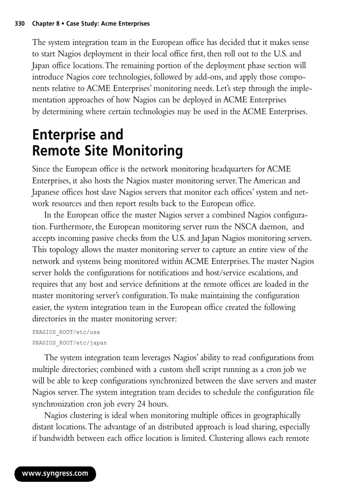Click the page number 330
[x=20, y=24]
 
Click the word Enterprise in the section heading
[x=64, y=135]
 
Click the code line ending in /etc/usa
[x=63, y=332]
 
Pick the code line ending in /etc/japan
[x=69, y=342]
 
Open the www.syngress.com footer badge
[x=55, y=474]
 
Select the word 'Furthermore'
[x=64, y=227]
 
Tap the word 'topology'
[x=63, y=250]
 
